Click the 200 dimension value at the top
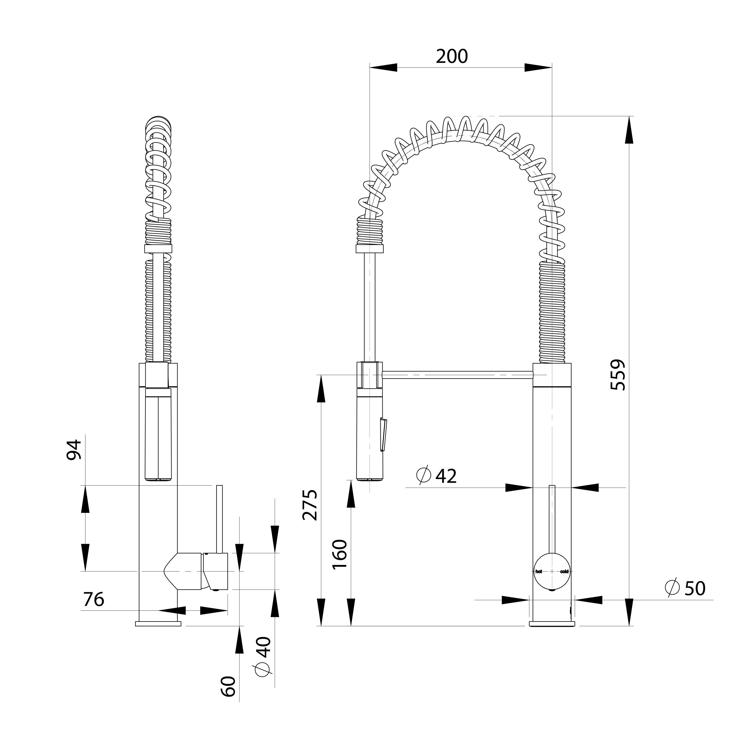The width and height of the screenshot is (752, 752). [x=451, y=56]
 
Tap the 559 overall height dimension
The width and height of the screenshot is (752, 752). [x=618, y=375]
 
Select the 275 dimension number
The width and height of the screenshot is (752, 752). [x=310, y=505]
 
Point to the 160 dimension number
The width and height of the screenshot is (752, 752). [x=340, y=554]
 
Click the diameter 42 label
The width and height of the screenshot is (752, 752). [x=436, y=476]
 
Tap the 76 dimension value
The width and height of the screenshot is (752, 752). [x=94, y=600]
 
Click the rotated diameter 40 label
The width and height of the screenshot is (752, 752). [x=263, y=657]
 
